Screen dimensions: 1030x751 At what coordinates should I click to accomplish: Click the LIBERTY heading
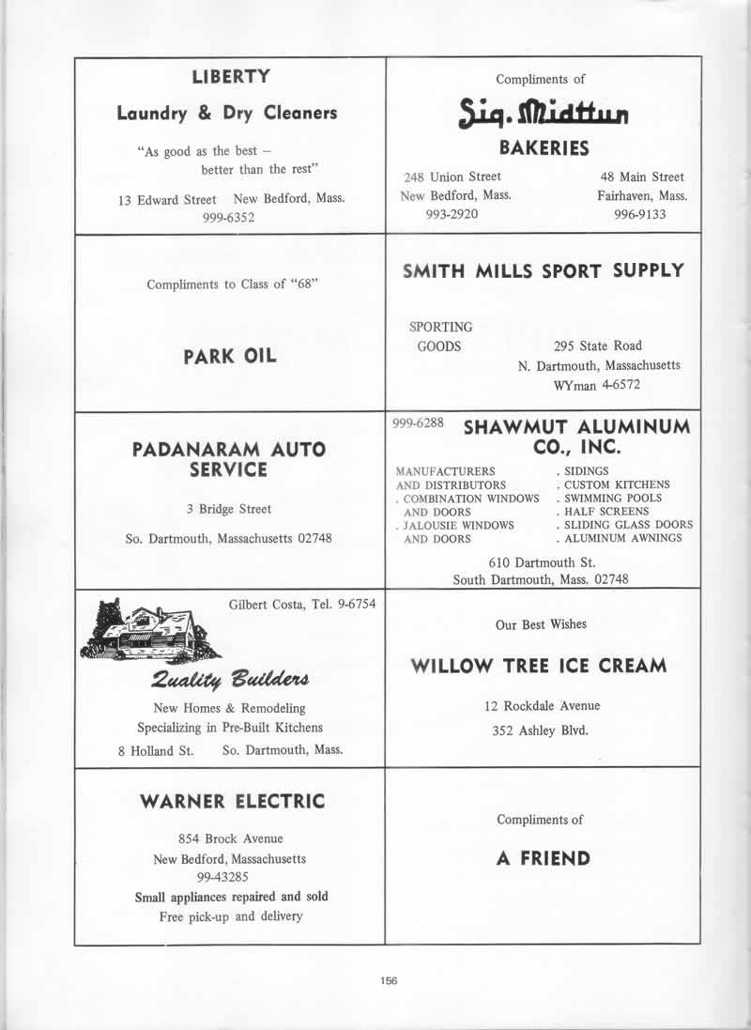pos(231,77)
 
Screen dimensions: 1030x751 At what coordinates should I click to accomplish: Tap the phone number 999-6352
pos(229,217)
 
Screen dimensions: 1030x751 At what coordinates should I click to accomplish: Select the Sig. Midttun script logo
pos(544,115)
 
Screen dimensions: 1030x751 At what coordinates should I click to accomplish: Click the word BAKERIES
pos(544,147)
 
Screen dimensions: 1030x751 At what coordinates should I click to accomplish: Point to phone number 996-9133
pos(640,214)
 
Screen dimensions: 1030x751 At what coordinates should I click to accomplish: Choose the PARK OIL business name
pos(231,357)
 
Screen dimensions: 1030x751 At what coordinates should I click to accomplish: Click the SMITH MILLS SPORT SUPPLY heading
pos(544,271)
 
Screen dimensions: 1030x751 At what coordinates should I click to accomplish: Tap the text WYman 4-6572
pos(602,385)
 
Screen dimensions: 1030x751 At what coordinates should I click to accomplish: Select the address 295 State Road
pos(598,346)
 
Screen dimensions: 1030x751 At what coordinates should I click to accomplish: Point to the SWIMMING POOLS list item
pos(609,498)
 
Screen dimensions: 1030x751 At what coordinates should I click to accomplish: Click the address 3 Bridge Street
pos(229,509)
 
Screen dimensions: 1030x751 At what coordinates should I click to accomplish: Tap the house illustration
pos(150,630)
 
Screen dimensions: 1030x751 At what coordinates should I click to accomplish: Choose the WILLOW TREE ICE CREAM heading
pos(540,667)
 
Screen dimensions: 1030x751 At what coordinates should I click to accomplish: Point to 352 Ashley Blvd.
pos(540,731)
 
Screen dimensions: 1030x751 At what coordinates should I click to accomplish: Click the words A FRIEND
pos(544,858)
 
